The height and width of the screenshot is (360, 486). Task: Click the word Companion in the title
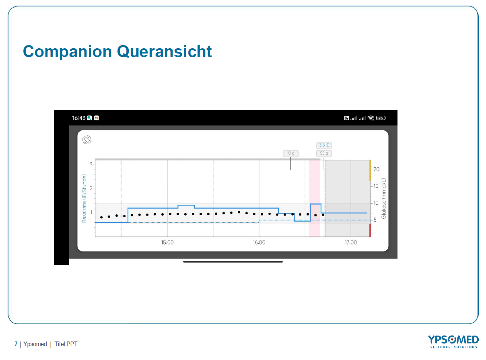[x=68, y=52]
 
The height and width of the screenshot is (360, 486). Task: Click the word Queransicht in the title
[x=164, y=51]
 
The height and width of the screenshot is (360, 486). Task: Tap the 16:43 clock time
[x=79, y=118]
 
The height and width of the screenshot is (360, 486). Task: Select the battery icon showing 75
[x=381, y=118]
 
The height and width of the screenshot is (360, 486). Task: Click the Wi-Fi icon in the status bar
[x=371, y=118]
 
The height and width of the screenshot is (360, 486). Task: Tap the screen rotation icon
[x=87, y=140]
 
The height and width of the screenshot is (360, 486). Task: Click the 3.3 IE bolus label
[x=324, y=145]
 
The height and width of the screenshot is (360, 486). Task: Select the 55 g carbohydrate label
[x=324, y=153]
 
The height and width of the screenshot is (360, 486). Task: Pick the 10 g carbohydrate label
[x=290, y=153]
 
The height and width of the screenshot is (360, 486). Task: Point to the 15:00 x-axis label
[x=167, y=242]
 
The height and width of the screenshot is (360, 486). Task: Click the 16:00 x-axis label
[x=259, y=242]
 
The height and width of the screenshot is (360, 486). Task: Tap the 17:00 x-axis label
[x=350, y=242]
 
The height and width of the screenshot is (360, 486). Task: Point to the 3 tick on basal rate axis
[x=91, y=165]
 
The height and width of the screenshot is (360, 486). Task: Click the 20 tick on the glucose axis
[x=376, y=169]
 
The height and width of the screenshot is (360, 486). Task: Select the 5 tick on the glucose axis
[x=375, y=220]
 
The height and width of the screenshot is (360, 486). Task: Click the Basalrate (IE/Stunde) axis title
[x=84, y=198]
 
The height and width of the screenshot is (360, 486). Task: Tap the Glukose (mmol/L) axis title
[x=383, y=198]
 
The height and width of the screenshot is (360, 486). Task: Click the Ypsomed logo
[x=453, y=341]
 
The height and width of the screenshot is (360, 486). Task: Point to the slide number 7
[x=16, y=344]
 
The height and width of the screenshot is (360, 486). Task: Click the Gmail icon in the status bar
[x=97, y=118]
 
